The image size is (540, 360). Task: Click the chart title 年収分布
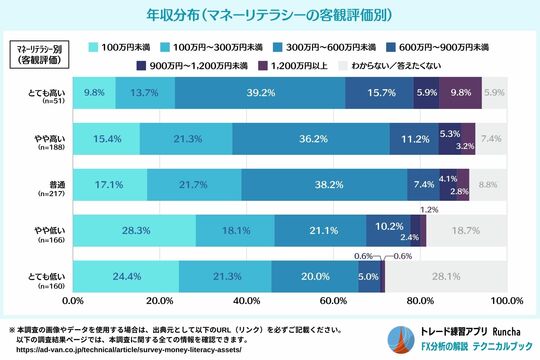(269, 17)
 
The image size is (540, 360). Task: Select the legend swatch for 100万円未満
(91, 46)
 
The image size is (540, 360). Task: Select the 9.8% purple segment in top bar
(460, 93)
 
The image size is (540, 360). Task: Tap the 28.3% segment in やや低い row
(134, 231)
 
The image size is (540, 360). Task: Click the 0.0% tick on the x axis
(72, 300)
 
